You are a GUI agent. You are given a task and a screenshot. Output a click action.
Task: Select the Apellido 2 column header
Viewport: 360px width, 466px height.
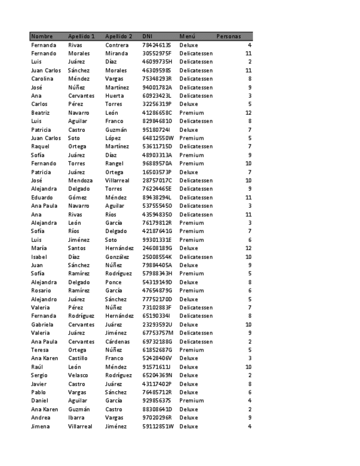119,36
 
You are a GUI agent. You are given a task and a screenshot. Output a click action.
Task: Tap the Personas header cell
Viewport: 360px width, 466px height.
229,36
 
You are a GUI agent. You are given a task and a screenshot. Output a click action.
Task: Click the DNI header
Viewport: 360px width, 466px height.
147,36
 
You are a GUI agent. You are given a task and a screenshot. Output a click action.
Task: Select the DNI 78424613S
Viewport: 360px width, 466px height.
157,45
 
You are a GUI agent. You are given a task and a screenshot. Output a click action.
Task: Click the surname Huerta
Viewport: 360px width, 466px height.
115,96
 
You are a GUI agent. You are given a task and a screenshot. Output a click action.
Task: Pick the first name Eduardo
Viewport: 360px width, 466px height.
42,197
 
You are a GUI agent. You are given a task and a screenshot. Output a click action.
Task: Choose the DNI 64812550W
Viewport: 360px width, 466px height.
158,138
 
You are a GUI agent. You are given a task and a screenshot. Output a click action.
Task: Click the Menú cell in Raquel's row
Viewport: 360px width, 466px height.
196,147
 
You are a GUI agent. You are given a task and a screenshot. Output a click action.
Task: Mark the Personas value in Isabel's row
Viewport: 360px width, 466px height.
248,257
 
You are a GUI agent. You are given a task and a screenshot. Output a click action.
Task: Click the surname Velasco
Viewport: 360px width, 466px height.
79,375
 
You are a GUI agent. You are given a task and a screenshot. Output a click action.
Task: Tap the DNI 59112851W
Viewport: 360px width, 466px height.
158,426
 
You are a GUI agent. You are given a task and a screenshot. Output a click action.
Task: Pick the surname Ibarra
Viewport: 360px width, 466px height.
76,418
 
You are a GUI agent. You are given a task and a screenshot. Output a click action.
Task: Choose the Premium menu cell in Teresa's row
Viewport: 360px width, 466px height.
191,349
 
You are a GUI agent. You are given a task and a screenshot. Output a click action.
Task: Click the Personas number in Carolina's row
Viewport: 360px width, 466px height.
250,79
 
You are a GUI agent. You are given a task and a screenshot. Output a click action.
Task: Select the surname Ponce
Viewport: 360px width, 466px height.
113,282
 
